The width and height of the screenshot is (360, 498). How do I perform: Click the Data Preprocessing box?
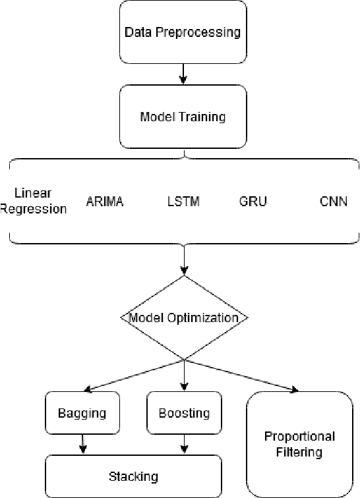183,31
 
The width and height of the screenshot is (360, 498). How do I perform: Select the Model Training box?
183,117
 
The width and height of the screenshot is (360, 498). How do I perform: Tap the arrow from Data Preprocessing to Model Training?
184,73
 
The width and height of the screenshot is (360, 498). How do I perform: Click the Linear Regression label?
34,201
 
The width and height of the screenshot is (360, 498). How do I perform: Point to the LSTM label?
184,202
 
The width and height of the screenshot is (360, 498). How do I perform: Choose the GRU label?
253,202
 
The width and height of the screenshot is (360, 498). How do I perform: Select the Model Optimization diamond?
184,318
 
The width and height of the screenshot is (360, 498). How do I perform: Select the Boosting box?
184,413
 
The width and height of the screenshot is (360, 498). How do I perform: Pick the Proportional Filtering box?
299,444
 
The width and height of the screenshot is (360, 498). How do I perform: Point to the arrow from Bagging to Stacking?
82,443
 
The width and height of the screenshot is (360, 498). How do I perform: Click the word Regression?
34,209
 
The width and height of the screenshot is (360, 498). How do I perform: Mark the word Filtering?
299,453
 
